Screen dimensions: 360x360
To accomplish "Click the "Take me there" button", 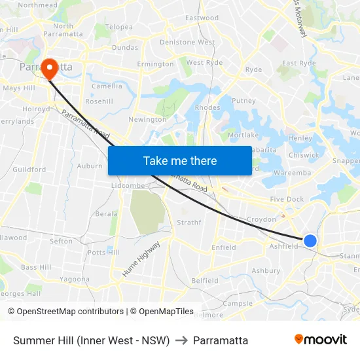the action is [180, 160].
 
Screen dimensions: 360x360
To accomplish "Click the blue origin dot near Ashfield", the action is [310, 241].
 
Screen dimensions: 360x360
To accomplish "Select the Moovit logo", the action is [321, 340].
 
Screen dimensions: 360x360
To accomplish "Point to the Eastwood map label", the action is [202, 18].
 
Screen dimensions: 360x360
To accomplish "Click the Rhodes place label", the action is [207, 107].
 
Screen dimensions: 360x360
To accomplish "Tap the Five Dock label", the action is [287, 199].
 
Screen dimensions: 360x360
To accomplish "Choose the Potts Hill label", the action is [103, 252].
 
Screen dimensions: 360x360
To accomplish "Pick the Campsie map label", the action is [238, 304].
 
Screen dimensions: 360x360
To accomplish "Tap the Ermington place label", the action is [155, 64].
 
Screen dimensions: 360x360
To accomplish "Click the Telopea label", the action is [119, 27].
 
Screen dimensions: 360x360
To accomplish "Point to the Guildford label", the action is [29, 170].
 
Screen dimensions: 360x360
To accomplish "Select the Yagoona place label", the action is [75, 279].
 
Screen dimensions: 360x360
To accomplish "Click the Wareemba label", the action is [292, 173].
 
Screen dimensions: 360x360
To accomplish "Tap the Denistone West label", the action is [187, 42].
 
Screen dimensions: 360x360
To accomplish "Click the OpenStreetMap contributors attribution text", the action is [65, 312].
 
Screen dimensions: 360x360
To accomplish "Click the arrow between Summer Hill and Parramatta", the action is [181, 340].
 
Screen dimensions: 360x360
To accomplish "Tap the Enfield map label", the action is [223, 247].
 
